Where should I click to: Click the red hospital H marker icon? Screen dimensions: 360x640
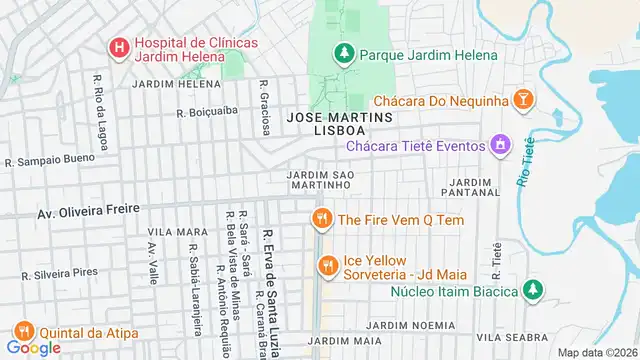pyautogui.click(x=118, y=47)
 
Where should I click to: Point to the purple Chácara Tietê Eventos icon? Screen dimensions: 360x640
pyautogui.click(x=499, y=146)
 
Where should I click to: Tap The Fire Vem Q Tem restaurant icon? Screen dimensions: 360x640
pyautogui.click(x=321, y=218)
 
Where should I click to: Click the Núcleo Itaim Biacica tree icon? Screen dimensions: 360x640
pyautogui.click(x=533, y=290)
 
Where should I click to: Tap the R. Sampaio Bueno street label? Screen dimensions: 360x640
pyautogui.click(x=50, y=160)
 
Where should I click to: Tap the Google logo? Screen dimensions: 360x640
pyautogui.click(x=32, y=348)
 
